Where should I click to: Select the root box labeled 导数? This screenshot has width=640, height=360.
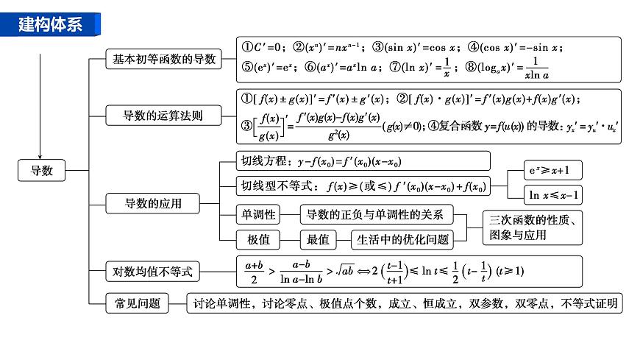pyautogui.click(x=42, y=171)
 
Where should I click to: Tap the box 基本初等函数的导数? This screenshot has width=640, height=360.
pyautogui.click(x=163, y=60)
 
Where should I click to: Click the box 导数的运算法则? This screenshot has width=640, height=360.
pyautogui.click(x=163, y=115)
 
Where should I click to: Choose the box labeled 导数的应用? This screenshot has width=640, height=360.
pyautogui.click(x=153, y=202)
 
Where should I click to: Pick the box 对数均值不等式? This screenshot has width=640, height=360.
pyautogui.click(x=152, y=272)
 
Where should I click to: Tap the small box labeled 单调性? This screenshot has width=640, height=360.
pyautogui.click(x=258, y=214)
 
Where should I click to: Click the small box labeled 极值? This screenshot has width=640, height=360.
pyautogui.click(x=258, y=239)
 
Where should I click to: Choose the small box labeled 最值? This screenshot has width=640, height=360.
pyautogui.click(x=318, y=239)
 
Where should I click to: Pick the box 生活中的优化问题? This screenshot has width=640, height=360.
pyautogui.click(x=402, y=239)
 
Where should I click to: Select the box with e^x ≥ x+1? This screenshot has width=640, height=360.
pyautogui.click(x=552, y=171)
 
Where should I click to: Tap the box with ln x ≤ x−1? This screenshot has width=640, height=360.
pyautogui.click(x=552, y=195)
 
